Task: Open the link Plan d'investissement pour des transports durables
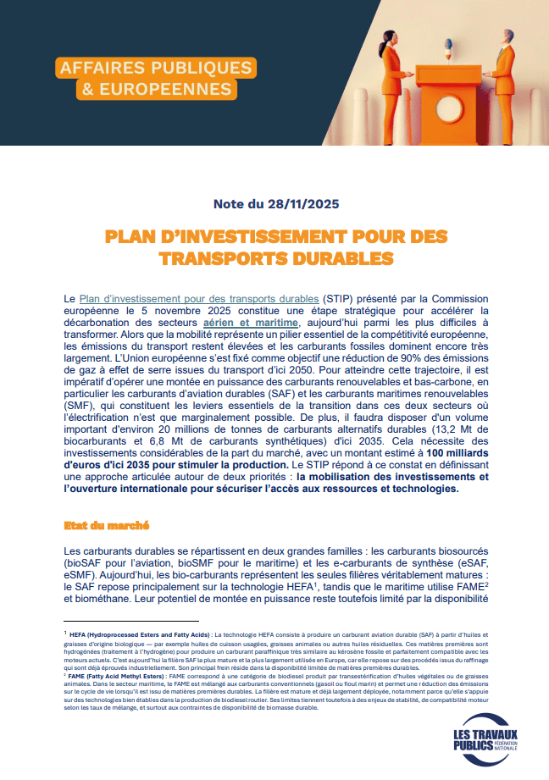point(199,300)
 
